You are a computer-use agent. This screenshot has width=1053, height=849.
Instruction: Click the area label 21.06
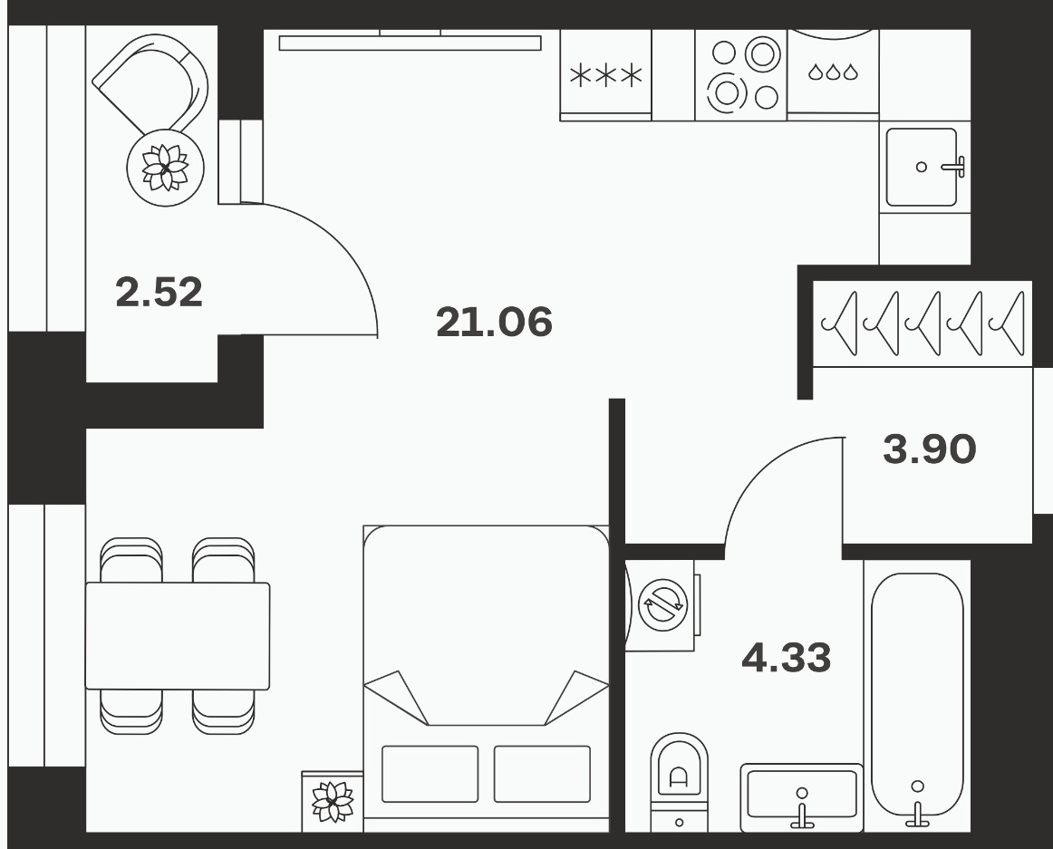click(x=494, y=322)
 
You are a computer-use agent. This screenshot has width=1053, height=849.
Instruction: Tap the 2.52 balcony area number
click(x=159, y=292)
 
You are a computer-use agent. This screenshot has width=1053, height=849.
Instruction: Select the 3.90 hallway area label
click(x=930, y=449)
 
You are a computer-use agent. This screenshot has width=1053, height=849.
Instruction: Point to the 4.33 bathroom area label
click(x=787, y=658)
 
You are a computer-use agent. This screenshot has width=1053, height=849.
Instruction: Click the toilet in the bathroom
click(x=679, y=783)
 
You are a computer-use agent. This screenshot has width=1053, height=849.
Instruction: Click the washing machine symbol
click(x=662, y=605)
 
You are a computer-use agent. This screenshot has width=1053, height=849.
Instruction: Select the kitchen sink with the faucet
click(x=924, y=167)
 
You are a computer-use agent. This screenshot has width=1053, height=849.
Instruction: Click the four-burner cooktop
click(x=741, y=74)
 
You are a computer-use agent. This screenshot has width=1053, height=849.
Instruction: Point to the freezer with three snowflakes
click(x=605, y=75)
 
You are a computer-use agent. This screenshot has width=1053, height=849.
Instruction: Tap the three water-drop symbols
click(x=833, y=72)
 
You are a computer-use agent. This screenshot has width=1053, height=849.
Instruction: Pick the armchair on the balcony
click(x=151, y=84)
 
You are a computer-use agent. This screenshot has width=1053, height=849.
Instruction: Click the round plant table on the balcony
click(x=165, y=168)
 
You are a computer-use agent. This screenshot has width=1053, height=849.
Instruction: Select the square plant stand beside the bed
click(x=333, y=801)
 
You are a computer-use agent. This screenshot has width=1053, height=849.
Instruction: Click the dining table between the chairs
click(x=178, y=636)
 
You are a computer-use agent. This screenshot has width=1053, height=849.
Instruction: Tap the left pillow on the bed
click(x=430, y=774)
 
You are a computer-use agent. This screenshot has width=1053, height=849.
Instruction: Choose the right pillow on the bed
click(x=542, y=774)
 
